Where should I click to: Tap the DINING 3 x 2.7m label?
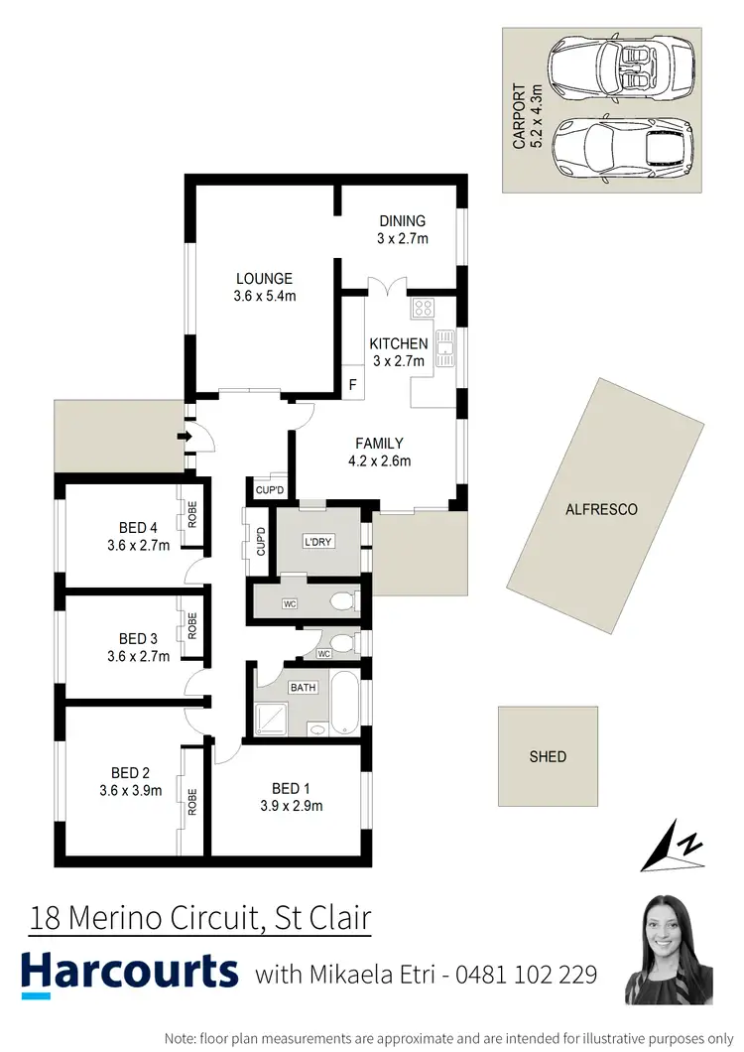(402, 229)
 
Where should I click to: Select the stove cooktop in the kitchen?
(424, 307)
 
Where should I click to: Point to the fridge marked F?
(351, 384)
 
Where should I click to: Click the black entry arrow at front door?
(183, 436)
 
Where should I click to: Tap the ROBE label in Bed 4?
(193, 514)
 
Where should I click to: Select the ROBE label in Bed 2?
(192, 801)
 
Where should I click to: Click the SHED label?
(548, 756)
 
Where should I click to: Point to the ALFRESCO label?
(601, 509)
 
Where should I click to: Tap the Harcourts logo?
(129, 974)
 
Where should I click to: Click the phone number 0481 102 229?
(527, 975)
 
